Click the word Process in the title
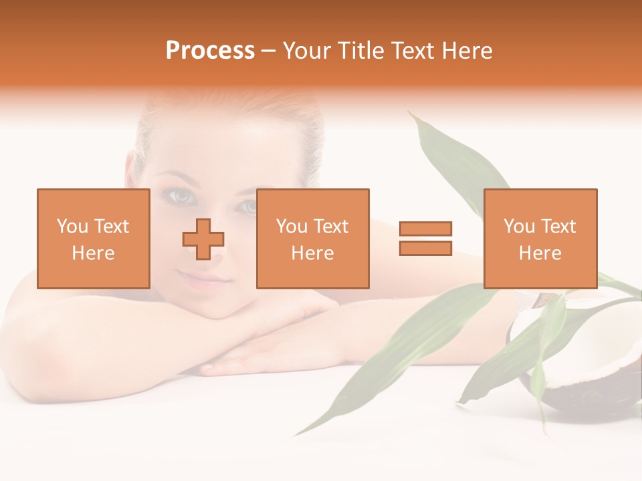210,51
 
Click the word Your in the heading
308,51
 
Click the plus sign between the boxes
203,239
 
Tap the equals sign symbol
425,238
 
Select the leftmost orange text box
93,238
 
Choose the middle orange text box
312,238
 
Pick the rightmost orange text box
540,238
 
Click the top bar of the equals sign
425,228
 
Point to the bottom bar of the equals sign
425,249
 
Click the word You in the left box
72,226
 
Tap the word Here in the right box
540,253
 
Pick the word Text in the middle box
331,226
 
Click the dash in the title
269,51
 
